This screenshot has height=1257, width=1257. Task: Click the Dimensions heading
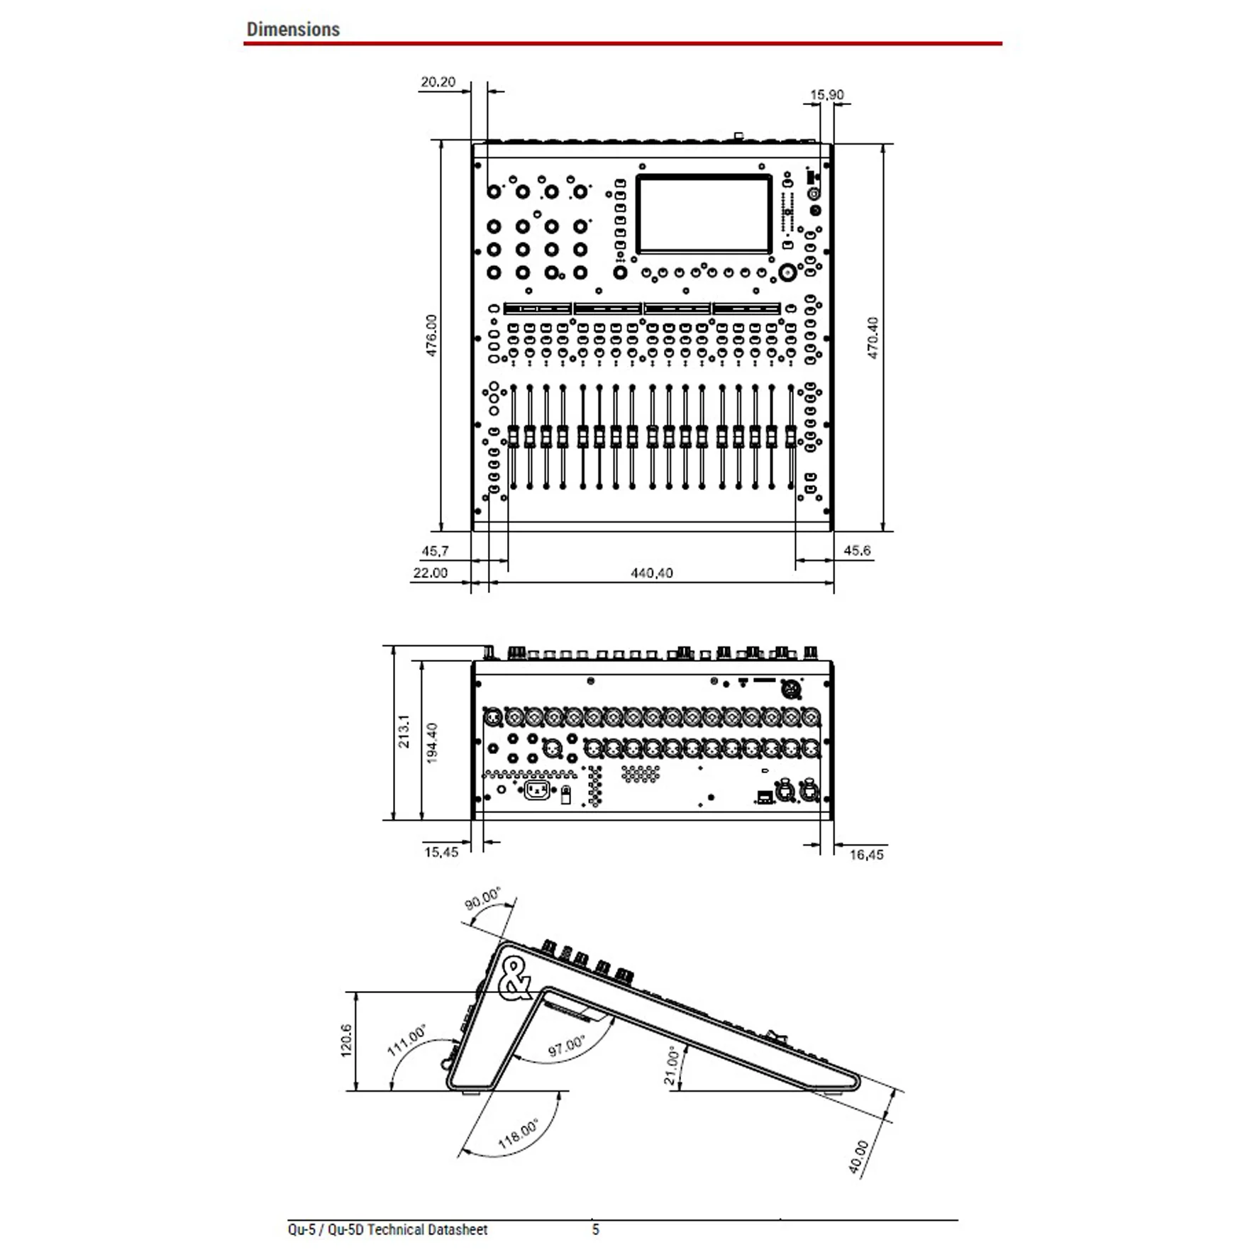tap(293, 30)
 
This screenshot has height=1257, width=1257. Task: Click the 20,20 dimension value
tap(438, 82)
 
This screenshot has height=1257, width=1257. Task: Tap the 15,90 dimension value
tap(827, 94)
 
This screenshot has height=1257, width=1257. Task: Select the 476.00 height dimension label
tap(432, 335)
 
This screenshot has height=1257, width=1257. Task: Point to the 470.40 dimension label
tap(873, 338)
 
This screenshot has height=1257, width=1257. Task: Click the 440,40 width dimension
tap(652, 572)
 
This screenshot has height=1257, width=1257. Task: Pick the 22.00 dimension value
tap(430, 572)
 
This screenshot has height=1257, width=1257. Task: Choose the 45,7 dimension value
tap(435, 551)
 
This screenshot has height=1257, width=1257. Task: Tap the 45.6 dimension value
tap(857, 550)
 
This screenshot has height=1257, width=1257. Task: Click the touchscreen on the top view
tap(704, 214)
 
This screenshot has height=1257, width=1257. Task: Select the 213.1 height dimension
tap(404, 731)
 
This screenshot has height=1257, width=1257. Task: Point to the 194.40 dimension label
tap(432, 743)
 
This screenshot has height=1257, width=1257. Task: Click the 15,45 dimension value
tap(441, 852)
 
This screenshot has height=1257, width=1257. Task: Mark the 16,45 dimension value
tap(867, 855)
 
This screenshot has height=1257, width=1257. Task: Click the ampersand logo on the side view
tap(515, 978)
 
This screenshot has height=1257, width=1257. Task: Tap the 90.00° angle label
tap(482, 898)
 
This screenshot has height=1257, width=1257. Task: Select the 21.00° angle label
tap(672, 1066)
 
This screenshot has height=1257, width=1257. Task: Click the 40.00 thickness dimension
tap(858, 1157)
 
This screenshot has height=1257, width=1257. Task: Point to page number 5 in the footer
tap(596, 1229)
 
